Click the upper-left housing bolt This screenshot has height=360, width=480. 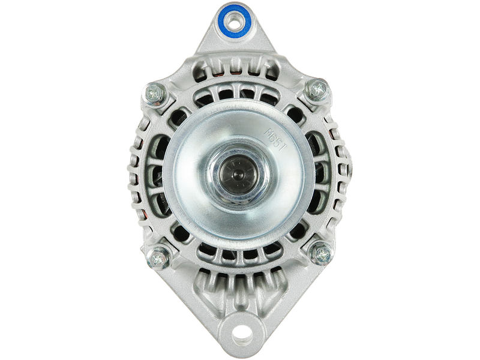click(155, 92)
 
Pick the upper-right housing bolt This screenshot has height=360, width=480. click(318, 90)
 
